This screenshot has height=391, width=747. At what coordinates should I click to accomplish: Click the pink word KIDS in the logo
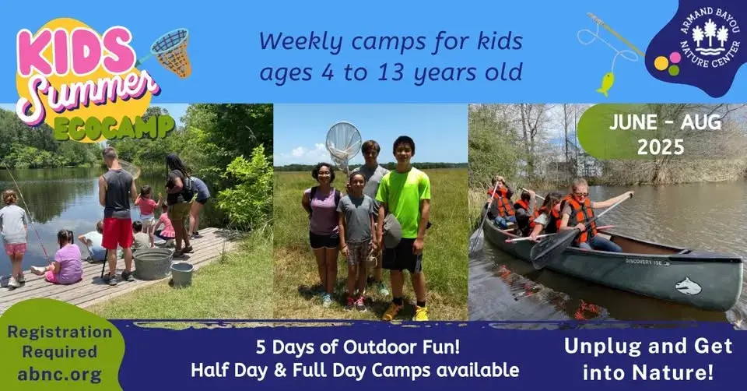tap(75, 51)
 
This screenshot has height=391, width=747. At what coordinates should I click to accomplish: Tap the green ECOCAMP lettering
tap(114, 127)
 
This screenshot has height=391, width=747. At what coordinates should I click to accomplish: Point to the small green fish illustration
tap(605, 84)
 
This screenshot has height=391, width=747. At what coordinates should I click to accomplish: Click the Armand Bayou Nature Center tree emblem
tap(710, 38)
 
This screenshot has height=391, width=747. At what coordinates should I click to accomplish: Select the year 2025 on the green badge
tap(661, 147)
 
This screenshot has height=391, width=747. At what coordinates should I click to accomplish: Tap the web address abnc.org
tap(60, 374)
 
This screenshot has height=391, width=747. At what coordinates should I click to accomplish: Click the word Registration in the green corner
tap(60, 332)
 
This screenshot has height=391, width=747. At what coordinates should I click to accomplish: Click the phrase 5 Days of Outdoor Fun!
tap(358, 347)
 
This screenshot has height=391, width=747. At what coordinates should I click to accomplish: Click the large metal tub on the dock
tap(153, 263)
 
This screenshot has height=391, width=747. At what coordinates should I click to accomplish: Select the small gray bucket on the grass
tap(181, 273)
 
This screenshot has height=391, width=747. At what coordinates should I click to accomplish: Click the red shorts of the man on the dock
tap(117, 233)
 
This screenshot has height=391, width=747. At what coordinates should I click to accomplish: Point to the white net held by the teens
tap(343, 143)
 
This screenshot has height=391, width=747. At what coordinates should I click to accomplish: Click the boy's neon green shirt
tap(404, 195)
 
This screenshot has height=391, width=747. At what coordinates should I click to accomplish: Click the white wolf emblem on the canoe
tap(689, 286)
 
